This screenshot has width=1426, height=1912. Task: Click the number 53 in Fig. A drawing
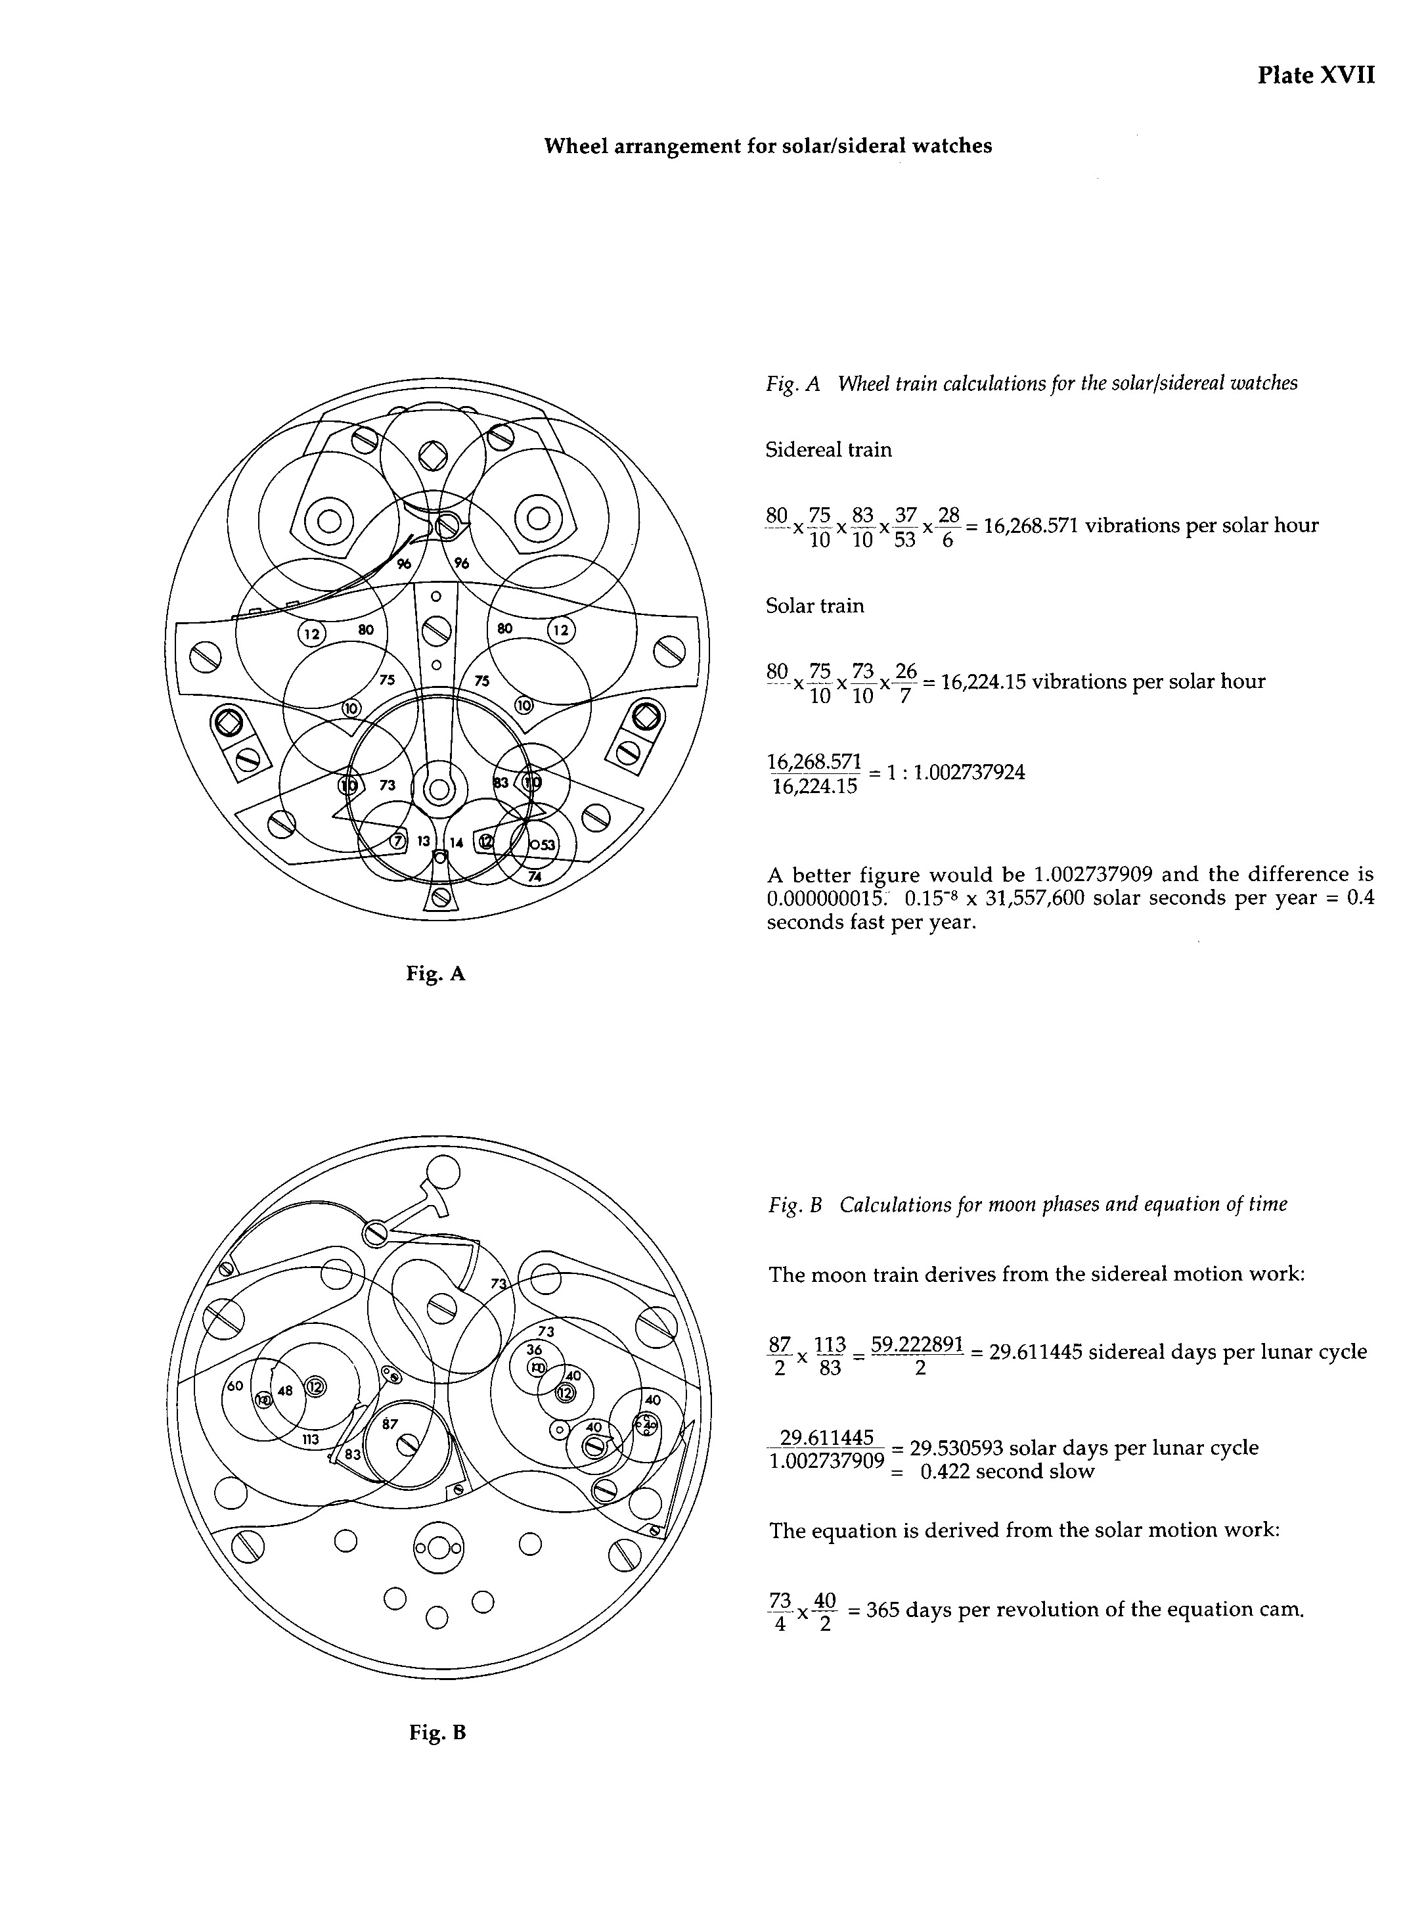546,844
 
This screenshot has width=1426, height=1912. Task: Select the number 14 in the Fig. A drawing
456,842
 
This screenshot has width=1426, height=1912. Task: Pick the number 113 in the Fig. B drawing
311,1439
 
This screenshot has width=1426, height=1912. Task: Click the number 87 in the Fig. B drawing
390,1423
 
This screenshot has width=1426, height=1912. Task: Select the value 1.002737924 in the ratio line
969,772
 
